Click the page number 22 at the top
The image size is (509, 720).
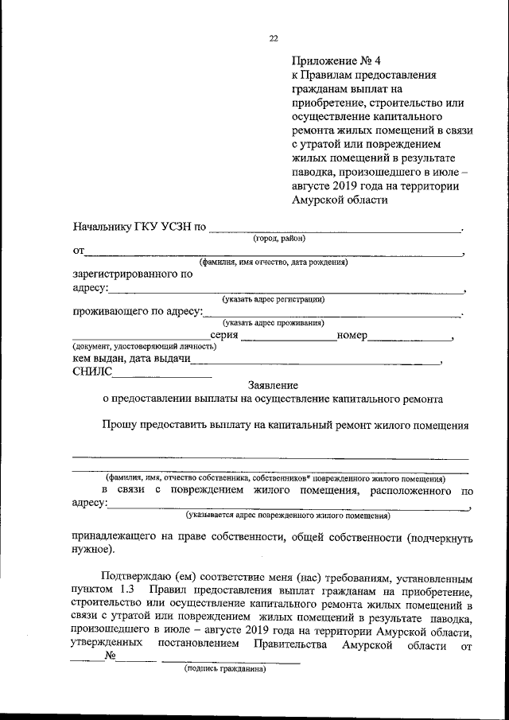[274, 38]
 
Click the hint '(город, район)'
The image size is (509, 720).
[279, 239]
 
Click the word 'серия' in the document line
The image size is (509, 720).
[220, 336]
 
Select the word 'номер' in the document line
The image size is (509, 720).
[352, 336]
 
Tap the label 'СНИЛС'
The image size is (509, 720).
[93, 371]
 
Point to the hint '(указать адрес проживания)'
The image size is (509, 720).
[273, 322]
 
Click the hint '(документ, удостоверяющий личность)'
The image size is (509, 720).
[144, 347]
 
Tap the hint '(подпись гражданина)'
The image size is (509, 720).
[225, 669]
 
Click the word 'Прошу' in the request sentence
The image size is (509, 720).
[119, 425]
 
